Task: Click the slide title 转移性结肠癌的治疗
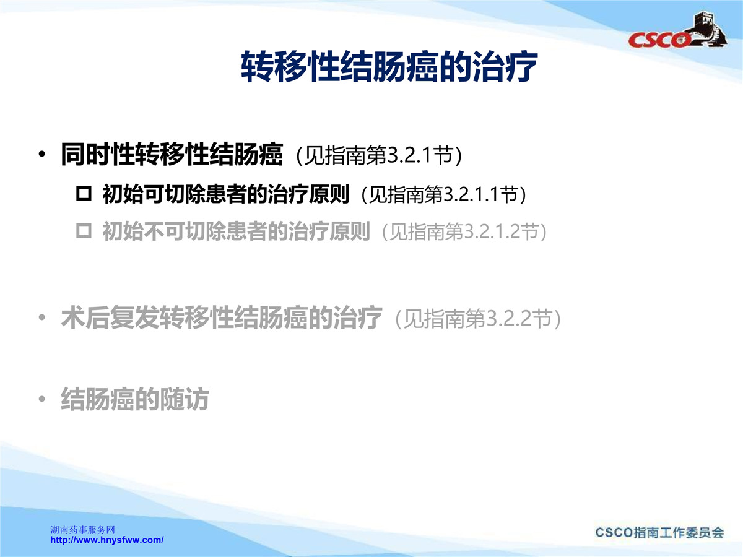click(389, 66)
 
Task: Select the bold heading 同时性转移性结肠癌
click(172, 154)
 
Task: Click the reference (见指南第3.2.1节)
click(379, 155)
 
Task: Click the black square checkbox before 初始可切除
click(84, 194)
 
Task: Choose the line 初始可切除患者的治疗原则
click(226, 194)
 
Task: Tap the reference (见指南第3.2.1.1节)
click(444, 194)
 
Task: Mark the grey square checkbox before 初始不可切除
click(84, 231)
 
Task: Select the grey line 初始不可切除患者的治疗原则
click(236, 231)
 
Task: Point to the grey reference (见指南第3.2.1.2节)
click(464, 231)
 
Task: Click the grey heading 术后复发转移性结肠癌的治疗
click(222, 317)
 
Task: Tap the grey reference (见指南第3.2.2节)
click(478, 319)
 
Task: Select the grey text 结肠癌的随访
click(135, 399)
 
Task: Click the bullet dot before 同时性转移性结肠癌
click(42, 155)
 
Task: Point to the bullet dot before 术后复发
click(42, 317)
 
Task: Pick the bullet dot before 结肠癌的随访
click(42, 399)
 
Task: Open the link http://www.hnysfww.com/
click(107, 540)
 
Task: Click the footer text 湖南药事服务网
click(82, 530)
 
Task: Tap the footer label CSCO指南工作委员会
click(660, 532)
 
